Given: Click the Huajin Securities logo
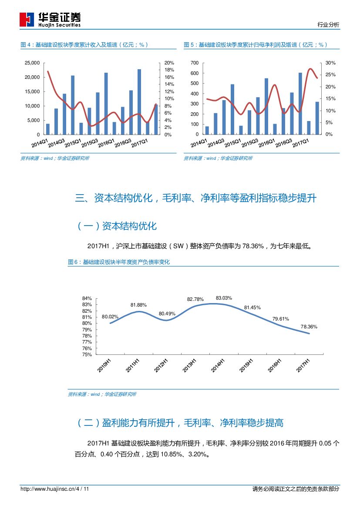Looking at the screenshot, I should pos(50,20).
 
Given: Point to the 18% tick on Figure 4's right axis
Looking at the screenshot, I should pos(169,70).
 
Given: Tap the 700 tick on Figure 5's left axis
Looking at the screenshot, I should pos(194,63).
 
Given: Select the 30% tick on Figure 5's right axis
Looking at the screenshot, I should pos(330,63).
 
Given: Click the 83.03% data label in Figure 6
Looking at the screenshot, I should pos(224,298).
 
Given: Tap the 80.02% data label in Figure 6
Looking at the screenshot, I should pos(110,317).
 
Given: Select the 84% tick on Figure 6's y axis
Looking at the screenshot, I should pos(87,298).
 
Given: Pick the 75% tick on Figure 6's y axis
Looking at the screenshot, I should pos(87,354).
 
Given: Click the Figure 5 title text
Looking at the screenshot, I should pos(256,45).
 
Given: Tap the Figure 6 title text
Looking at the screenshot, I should pos(119,262).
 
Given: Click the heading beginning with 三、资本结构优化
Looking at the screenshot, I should pos(195,199).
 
